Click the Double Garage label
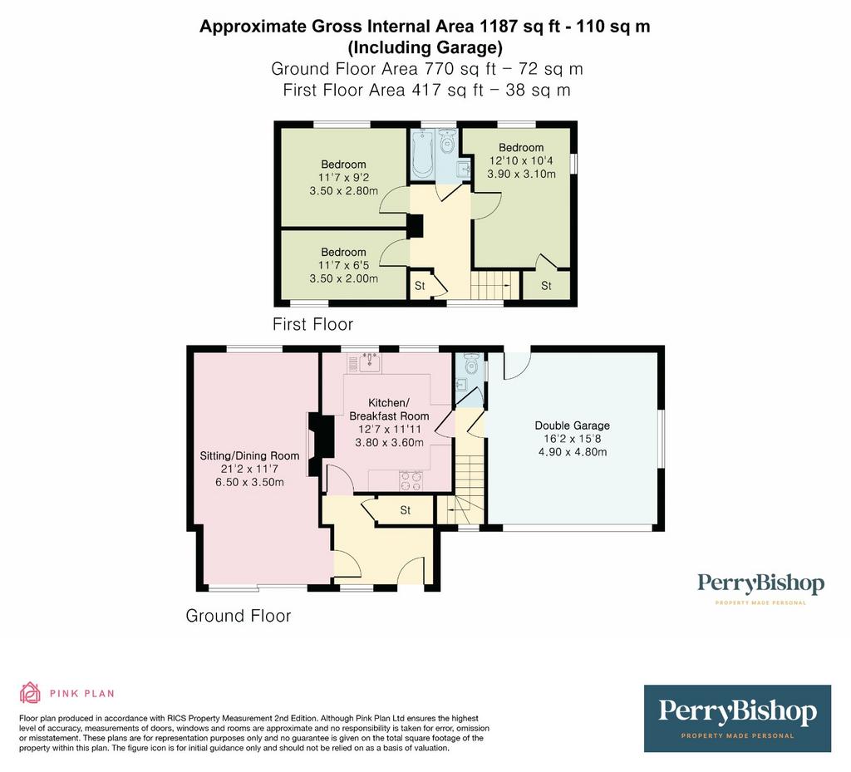pos(572,425)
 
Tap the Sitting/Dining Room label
pos(249,455)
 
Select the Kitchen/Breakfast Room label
pos(389,410)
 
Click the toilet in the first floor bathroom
pos(447,141)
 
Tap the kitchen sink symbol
pos(370,361)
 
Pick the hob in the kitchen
pos(411,480)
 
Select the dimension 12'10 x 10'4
pos(521,160)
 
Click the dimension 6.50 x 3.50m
pos(249,482)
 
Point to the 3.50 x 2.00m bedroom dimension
pos(343,278)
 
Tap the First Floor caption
pos(312,324)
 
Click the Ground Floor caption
pos(239,615)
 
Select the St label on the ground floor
pos(406,510)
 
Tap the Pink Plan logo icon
pos(31,692)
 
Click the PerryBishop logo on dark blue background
pos(738,718)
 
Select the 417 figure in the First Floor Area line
pos(426,90)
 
